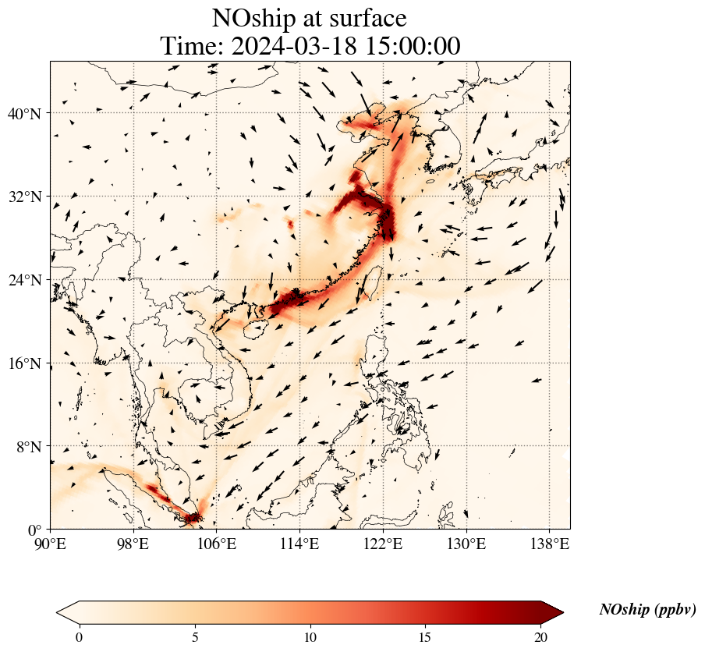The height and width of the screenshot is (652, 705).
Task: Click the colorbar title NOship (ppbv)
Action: coord(647,610)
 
